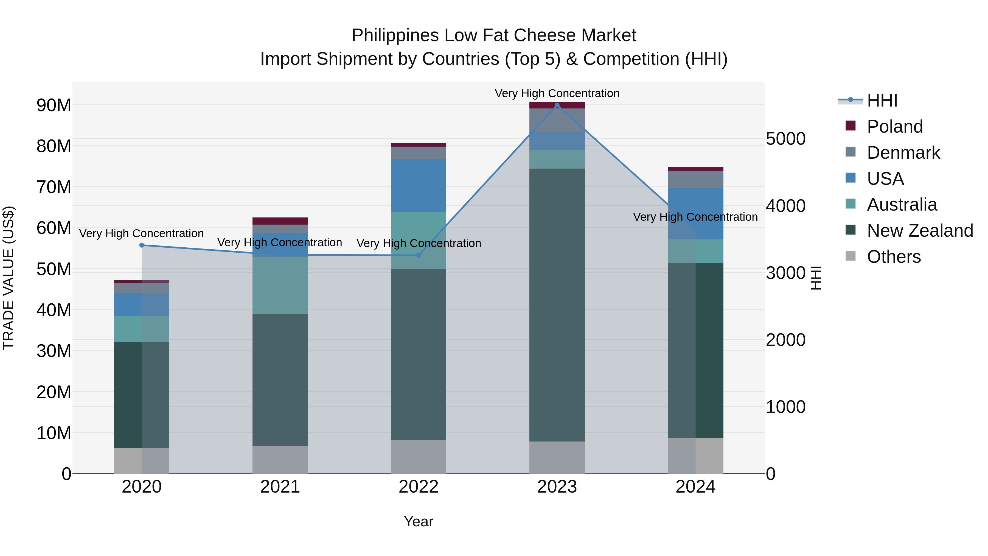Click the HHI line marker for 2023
pyautogui.click(x=557, y=105)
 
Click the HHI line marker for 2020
pyautogui.click(x=142, y=245)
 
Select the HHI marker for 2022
pyautogui.click(x=419, y=255)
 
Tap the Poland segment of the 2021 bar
pyautogui.click(x=280, y=221)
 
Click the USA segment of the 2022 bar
pyautogui.click(x=419, y=186)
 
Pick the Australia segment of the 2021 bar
pyautogui.click(x=280, y=286)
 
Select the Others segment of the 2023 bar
pyautogui.click(x=557, y=457)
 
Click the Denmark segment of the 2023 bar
pyautogui.click(x=557, y=120)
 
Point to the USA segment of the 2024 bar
pyautogui.click(x=695, y=214)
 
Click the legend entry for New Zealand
pyautogui.click(x=919, y=231)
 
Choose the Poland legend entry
pyautogui.click(x=894, y=127)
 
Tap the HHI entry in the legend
pyautogui.click(x=882, y=100)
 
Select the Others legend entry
pyautogui.click(x=893, y=257)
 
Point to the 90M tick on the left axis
pyautogui.click(x=54, y=105)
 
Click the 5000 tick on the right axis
pyautogui.click(x=785, y=139)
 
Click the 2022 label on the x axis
pyautogui.click(x=419, y=487)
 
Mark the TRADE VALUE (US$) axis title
pyautogui.click(x=9, y=278)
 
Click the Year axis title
pyautogui.click(x=419, y=521)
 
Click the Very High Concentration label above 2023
pyautogui.click(x=557, y=93)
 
